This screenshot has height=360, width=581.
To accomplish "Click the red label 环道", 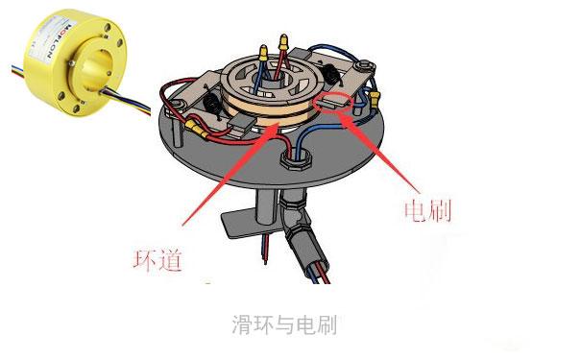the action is point(157,260).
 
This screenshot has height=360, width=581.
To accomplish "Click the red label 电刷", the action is point(427,211).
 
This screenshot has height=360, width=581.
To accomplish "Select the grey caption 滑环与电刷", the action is point(284,324).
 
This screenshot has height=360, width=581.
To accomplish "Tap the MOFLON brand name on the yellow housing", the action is point(59,40).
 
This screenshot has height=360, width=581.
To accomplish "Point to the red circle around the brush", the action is point(332,102).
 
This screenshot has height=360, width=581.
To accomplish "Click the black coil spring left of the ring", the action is point(212,105).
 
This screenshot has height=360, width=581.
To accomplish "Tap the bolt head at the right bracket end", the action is point(364,66).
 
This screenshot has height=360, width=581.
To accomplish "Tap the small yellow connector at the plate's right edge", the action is point(375,99).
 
